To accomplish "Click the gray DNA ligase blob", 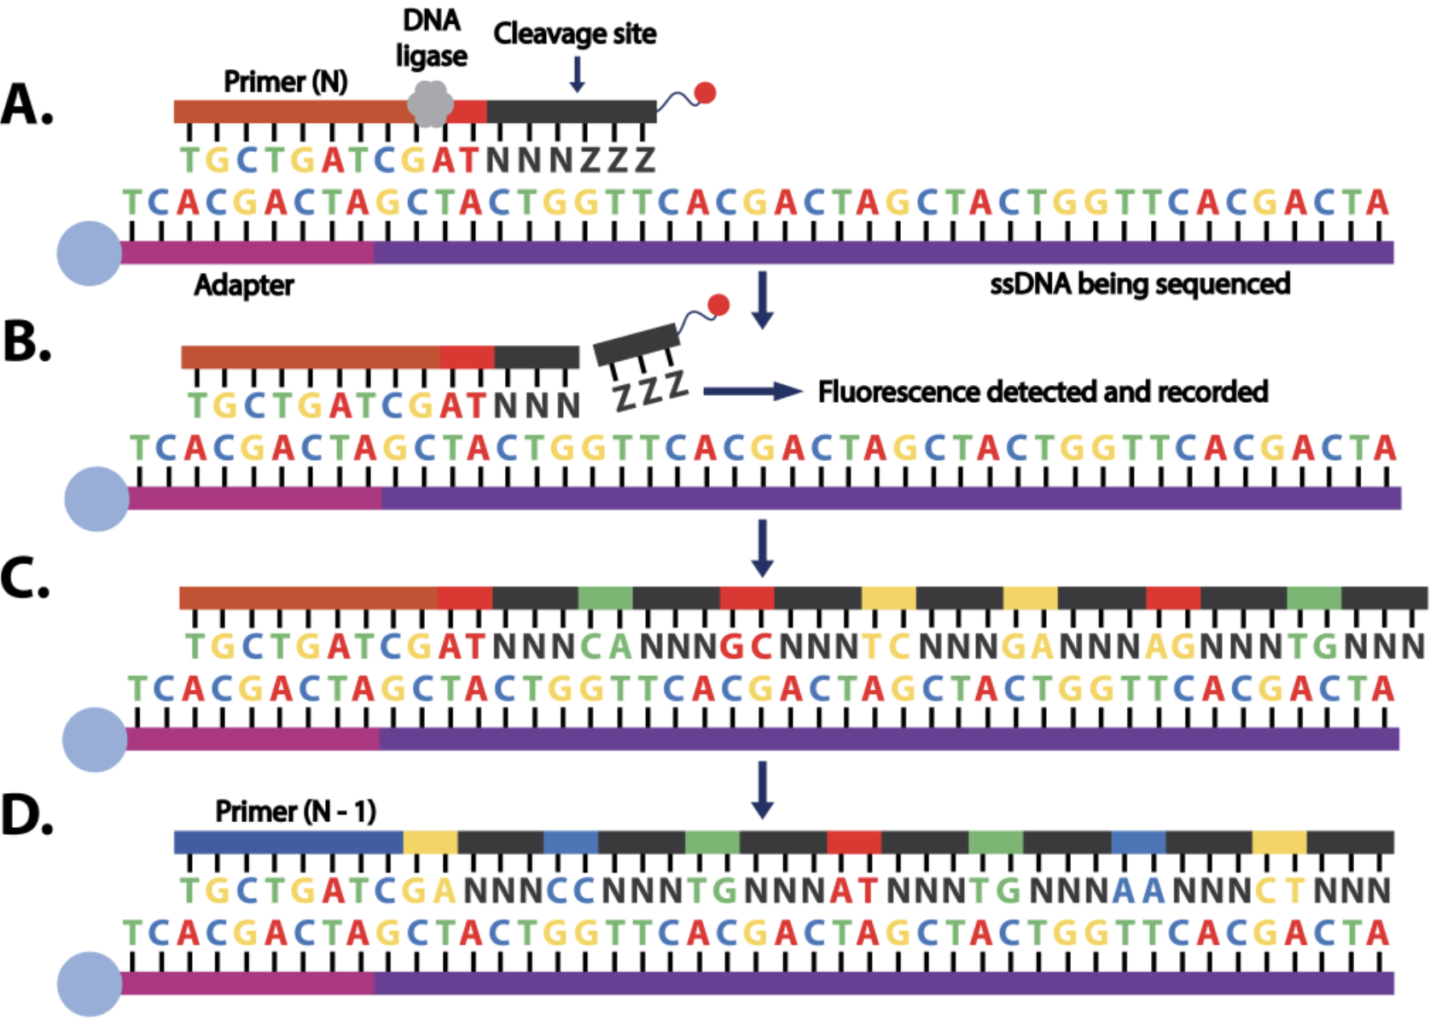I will pyautogui.click(x=430, y=104).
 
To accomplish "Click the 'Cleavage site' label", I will pyautogui.click(x=575, y=34).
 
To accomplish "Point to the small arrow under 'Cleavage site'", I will pyautogui.click(x=577, y=74).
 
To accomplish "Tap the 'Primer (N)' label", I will pyautogui.click(x=286, y=82).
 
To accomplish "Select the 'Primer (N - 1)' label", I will pyautogui.click(x=295, y=811).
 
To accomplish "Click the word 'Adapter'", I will pyautogui.click(x=244, y=285).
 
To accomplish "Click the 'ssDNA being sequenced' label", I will pyautogui.click(x=1140, y=284).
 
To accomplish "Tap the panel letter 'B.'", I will pyautogui.click(x=27, y=342).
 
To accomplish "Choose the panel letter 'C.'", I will pyautogui.click(x=26, y=580).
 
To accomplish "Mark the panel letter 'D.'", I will pyautogui.click(x=27, y=815).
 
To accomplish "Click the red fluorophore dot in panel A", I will pyautogui.click(x=705, y=93).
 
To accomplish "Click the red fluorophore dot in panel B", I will pyautogui.click(x=718, y=305).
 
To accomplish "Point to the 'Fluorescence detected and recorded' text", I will pyautogui.click(x=1043, y=392).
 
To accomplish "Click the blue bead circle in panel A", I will pyautogui.click(x=90, y=254).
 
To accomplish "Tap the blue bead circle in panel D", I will pyautogui.click(x=90, y=984).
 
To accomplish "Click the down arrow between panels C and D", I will pyautogui.click(x=763, y=790).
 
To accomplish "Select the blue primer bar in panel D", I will pyautogui.click(x=288, y=842).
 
